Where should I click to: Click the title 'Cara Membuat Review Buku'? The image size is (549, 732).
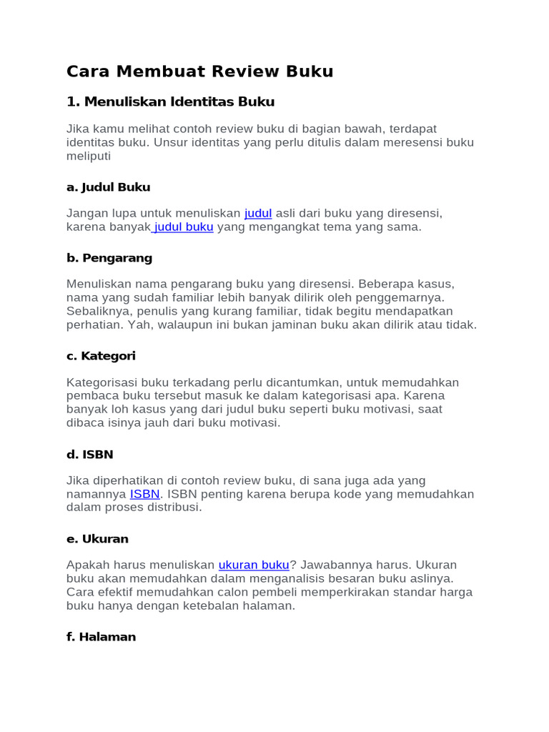pyautogui.click(x=199, y=71)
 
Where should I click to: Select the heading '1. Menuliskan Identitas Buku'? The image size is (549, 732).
pyautogui.click(x=170, y=102)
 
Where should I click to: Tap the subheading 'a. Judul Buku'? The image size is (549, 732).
pyautogui.click(x=108, y=187)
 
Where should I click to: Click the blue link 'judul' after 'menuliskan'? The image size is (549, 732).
pyautogui.click(x=258, y=213)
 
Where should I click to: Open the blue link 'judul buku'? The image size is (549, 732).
pyautogui.click(x=184, y=227)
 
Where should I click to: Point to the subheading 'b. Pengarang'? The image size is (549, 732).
pyautogui.click(x=109, y=257)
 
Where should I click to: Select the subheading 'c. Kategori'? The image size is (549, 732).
pyautogui.click(x=101, y=355)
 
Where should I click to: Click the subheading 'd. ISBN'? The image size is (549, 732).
pyautogui.click(x=89, y=454)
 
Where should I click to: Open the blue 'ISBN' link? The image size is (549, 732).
pyautogui.click(x=145, y=494)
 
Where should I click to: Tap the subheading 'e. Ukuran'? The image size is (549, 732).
pyautogui.click(x=97, y=538)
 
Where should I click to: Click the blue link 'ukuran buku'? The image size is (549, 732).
pyautogui.click(x=254, y=565)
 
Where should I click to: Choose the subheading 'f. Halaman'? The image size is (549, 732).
pyautogui.click(x=101, y=636)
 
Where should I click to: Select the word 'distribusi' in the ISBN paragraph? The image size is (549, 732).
pyautogui.click(x=174, y=508)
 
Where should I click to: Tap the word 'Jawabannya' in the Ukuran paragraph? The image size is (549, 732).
pyautogui.click(x=334, y=565)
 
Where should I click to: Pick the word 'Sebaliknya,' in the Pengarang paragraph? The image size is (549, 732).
pyautogui.click(x=101, y=311)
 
